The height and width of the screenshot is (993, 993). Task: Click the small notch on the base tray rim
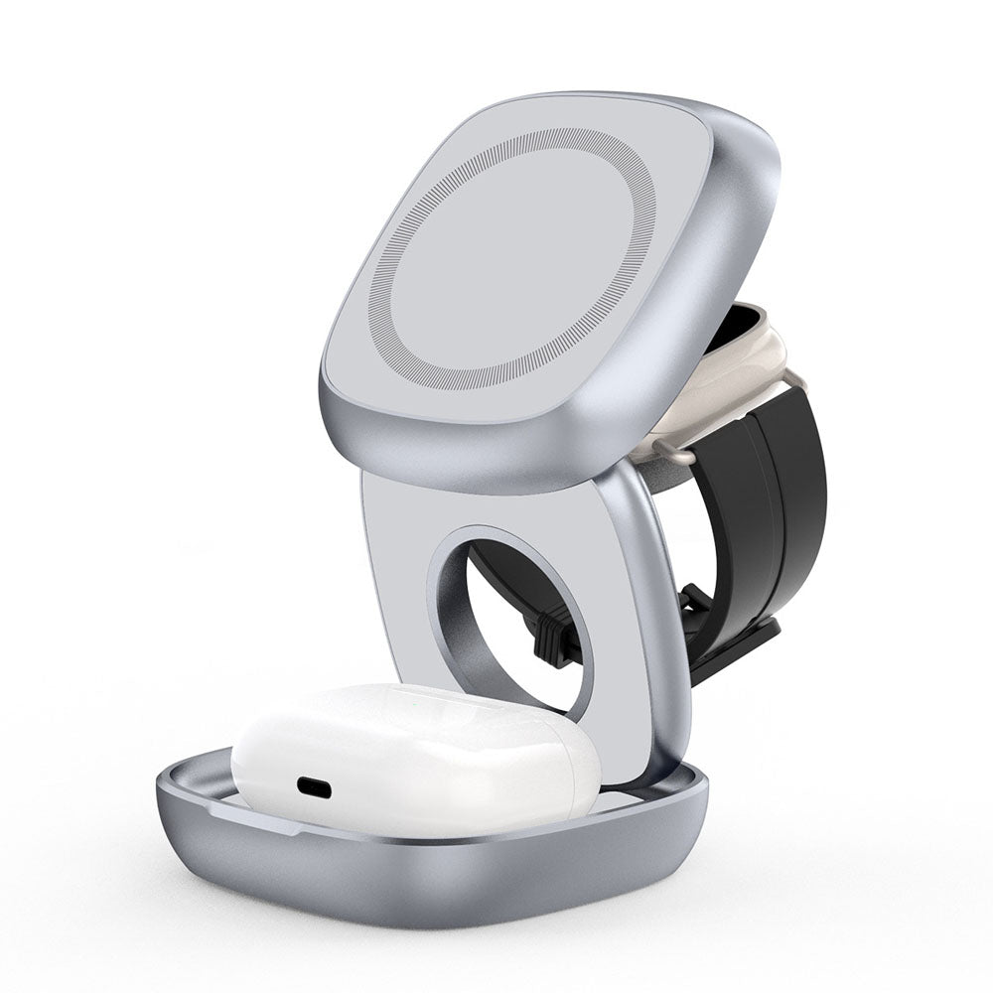pyautogui.click(x=204, y=784)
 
